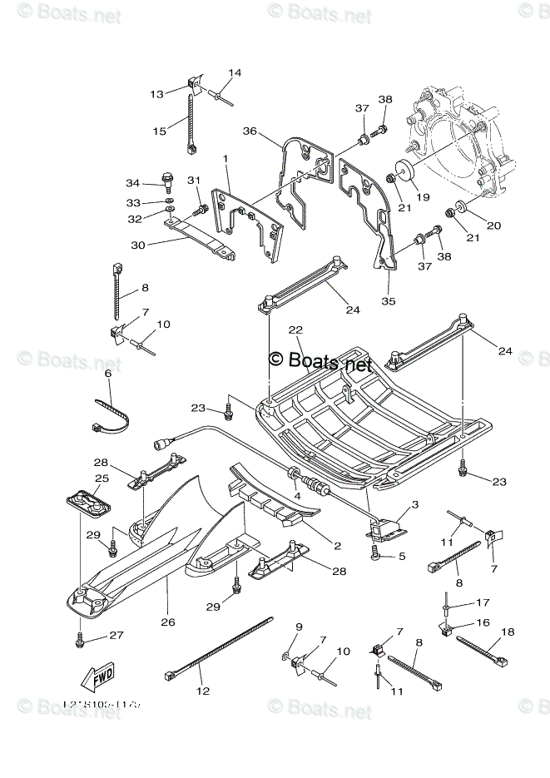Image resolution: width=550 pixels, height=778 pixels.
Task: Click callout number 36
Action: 249,131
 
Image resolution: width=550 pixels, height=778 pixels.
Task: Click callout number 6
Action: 108,374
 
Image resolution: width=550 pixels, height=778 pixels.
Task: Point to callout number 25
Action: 102,478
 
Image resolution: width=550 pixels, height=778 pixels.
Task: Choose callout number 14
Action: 235,73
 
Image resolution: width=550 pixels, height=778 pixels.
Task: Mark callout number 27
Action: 116,636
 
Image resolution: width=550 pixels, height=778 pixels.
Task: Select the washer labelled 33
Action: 168,202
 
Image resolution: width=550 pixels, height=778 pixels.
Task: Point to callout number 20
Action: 493,225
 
